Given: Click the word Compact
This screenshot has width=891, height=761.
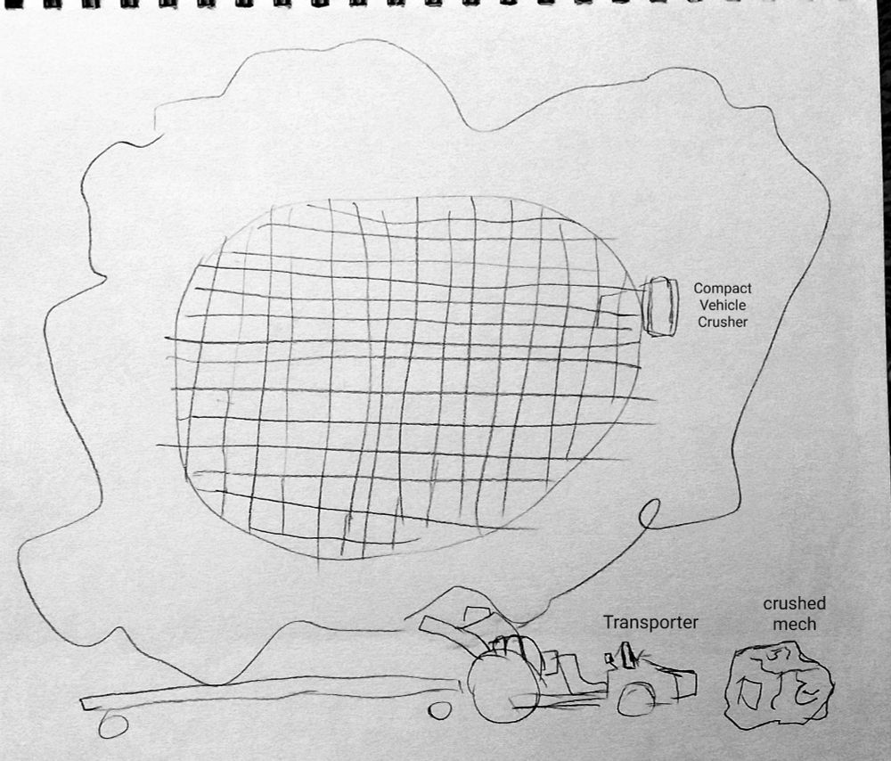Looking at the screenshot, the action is point(723,289).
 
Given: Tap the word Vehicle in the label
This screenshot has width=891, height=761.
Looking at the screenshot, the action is point(723,305).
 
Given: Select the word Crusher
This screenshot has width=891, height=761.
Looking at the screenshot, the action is point(723,322).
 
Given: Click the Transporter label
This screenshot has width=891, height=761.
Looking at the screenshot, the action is point(650,622).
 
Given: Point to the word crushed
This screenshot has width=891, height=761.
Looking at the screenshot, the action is point(795,603).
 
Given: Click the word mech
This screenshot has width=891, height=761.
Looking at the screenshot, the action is point(795,624).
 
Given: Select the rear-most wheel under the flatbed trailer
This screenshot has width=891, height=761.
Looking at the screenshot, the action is point(113,725).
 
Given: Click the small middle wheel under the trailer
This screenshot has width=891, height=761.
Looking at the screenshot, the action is point(438,710).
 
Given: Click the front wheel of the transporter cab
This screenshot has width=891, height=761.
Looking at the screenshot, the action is point(636,699).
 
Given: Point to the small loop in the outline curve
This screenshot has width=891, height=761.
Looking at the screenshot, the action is point(650,514).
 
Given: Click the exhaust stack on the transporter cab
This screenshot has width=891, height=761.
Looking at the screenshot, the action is point(627,655).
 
